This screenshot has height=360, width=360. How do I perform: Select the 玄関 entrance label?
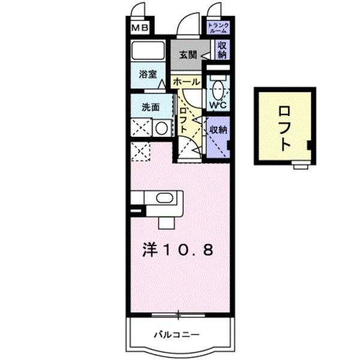click(x=187, y=55)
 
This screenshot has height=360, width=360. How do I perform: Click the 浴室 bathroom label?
click(x=148, y=75)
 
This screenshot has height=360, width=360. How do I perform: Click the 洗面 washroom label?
click(x=150, y=108)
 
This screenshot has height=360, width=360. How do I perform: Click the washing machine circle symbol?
click(x=160, y=128)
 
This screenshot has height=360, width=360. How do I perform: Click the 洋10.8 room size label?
click(x=178, y=250)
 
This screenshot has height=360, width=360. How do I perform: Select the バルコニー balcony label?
click(x=176, y=334)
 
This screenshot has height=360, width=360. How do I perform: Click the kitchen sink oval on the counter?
click(x=163, y=199)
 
